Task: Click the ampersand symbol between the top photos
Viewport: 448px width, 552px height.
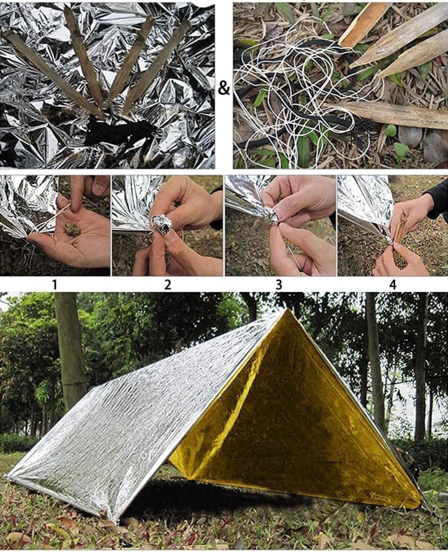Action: click(x=224, y=88)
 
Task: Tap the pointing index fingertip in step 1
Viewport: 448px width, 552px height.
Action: click(x=75, y=205)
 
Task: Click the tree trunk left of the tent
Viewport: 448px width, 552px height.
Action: click(x=70, y=363)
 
